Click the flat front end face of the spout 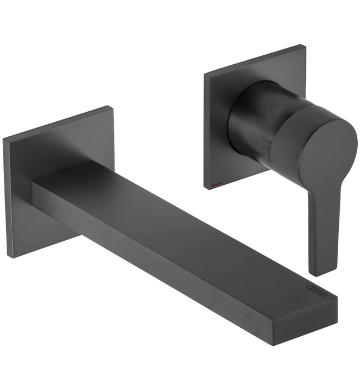(321, 313)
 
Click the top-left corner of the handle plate (205, 75)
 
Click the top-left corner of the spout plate (4, 138)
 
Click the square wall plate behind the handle (223, 145)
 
